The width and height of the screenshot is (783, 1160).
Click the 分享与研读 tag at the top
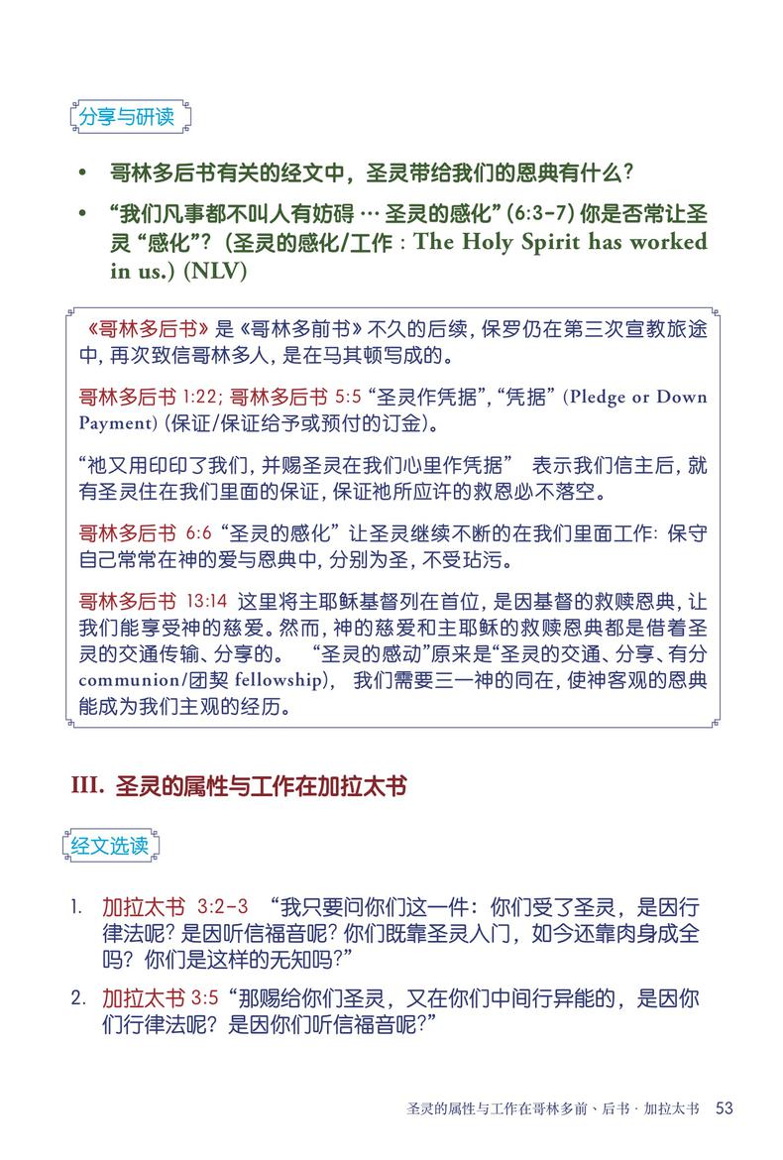pos(126,117)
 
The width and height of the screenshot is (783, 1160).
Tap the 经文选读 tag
pos(110,846)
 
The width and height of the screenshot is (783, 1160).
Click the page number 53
pos(724,1107)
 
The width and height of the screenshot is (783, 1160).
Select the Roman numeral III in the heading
pos(86,786)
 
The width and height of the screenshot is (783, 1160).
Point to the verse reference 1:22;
pos(203,397)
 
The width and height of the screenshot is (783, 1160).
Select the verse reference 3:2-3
pos(222,907)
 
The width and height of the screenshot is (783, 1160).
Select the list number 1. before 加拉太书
pos(76,907)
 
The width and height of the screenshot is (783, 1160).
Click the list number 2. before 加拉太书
pos(77,997)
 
